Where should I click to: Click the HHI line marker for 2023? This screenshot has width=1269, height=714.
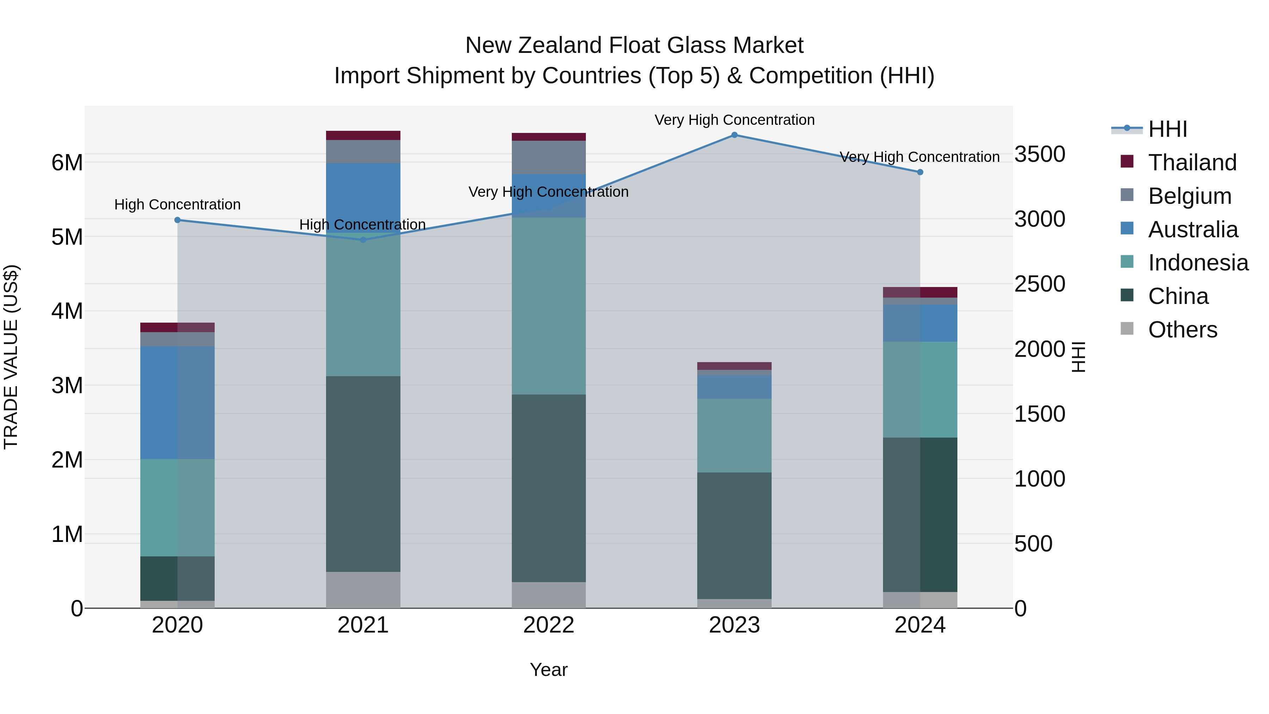[734, 135]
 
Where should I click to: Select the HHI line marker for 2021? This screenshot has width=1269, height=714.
[363, 240]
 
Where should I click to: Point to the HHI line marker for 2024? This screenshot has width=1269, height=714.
[920, 172]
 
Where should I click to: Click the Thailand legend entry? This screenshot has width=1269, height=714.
[1192, 163]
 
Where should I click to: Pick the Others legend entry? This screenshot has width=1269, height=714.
[1182, 330]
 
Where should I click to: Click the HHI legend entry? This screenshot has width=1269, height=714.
[1167, 129]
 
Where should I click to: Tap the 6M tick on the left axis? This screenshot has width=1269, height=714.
[67, 163]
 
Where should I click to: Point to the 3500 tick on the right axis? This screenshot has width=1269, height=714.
[1040, 154]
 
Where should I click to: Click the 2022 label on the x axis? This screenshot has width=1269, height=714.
[548, 625]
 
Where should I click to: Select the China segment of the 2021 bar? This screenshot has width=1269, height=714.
[363, 474]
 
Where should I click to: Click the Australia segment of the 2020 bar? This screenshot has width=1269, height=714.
[177, 403]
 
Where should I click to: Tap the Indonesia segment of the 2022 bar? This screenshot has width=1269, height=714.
[548, 305]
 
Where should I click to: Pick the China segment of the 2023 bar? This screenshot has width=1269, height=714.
[734, 536]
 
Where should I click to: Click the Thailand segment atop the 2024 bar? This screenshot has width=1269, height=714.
[920, 292]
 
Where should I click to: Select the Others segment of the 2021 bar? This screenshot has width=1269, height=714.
[363, 590]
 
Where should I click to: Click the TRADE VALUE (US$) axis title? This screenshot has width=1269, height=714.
[11, 357]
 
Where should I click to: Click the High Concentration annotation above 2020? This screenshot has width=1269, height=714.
[177, 205]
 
